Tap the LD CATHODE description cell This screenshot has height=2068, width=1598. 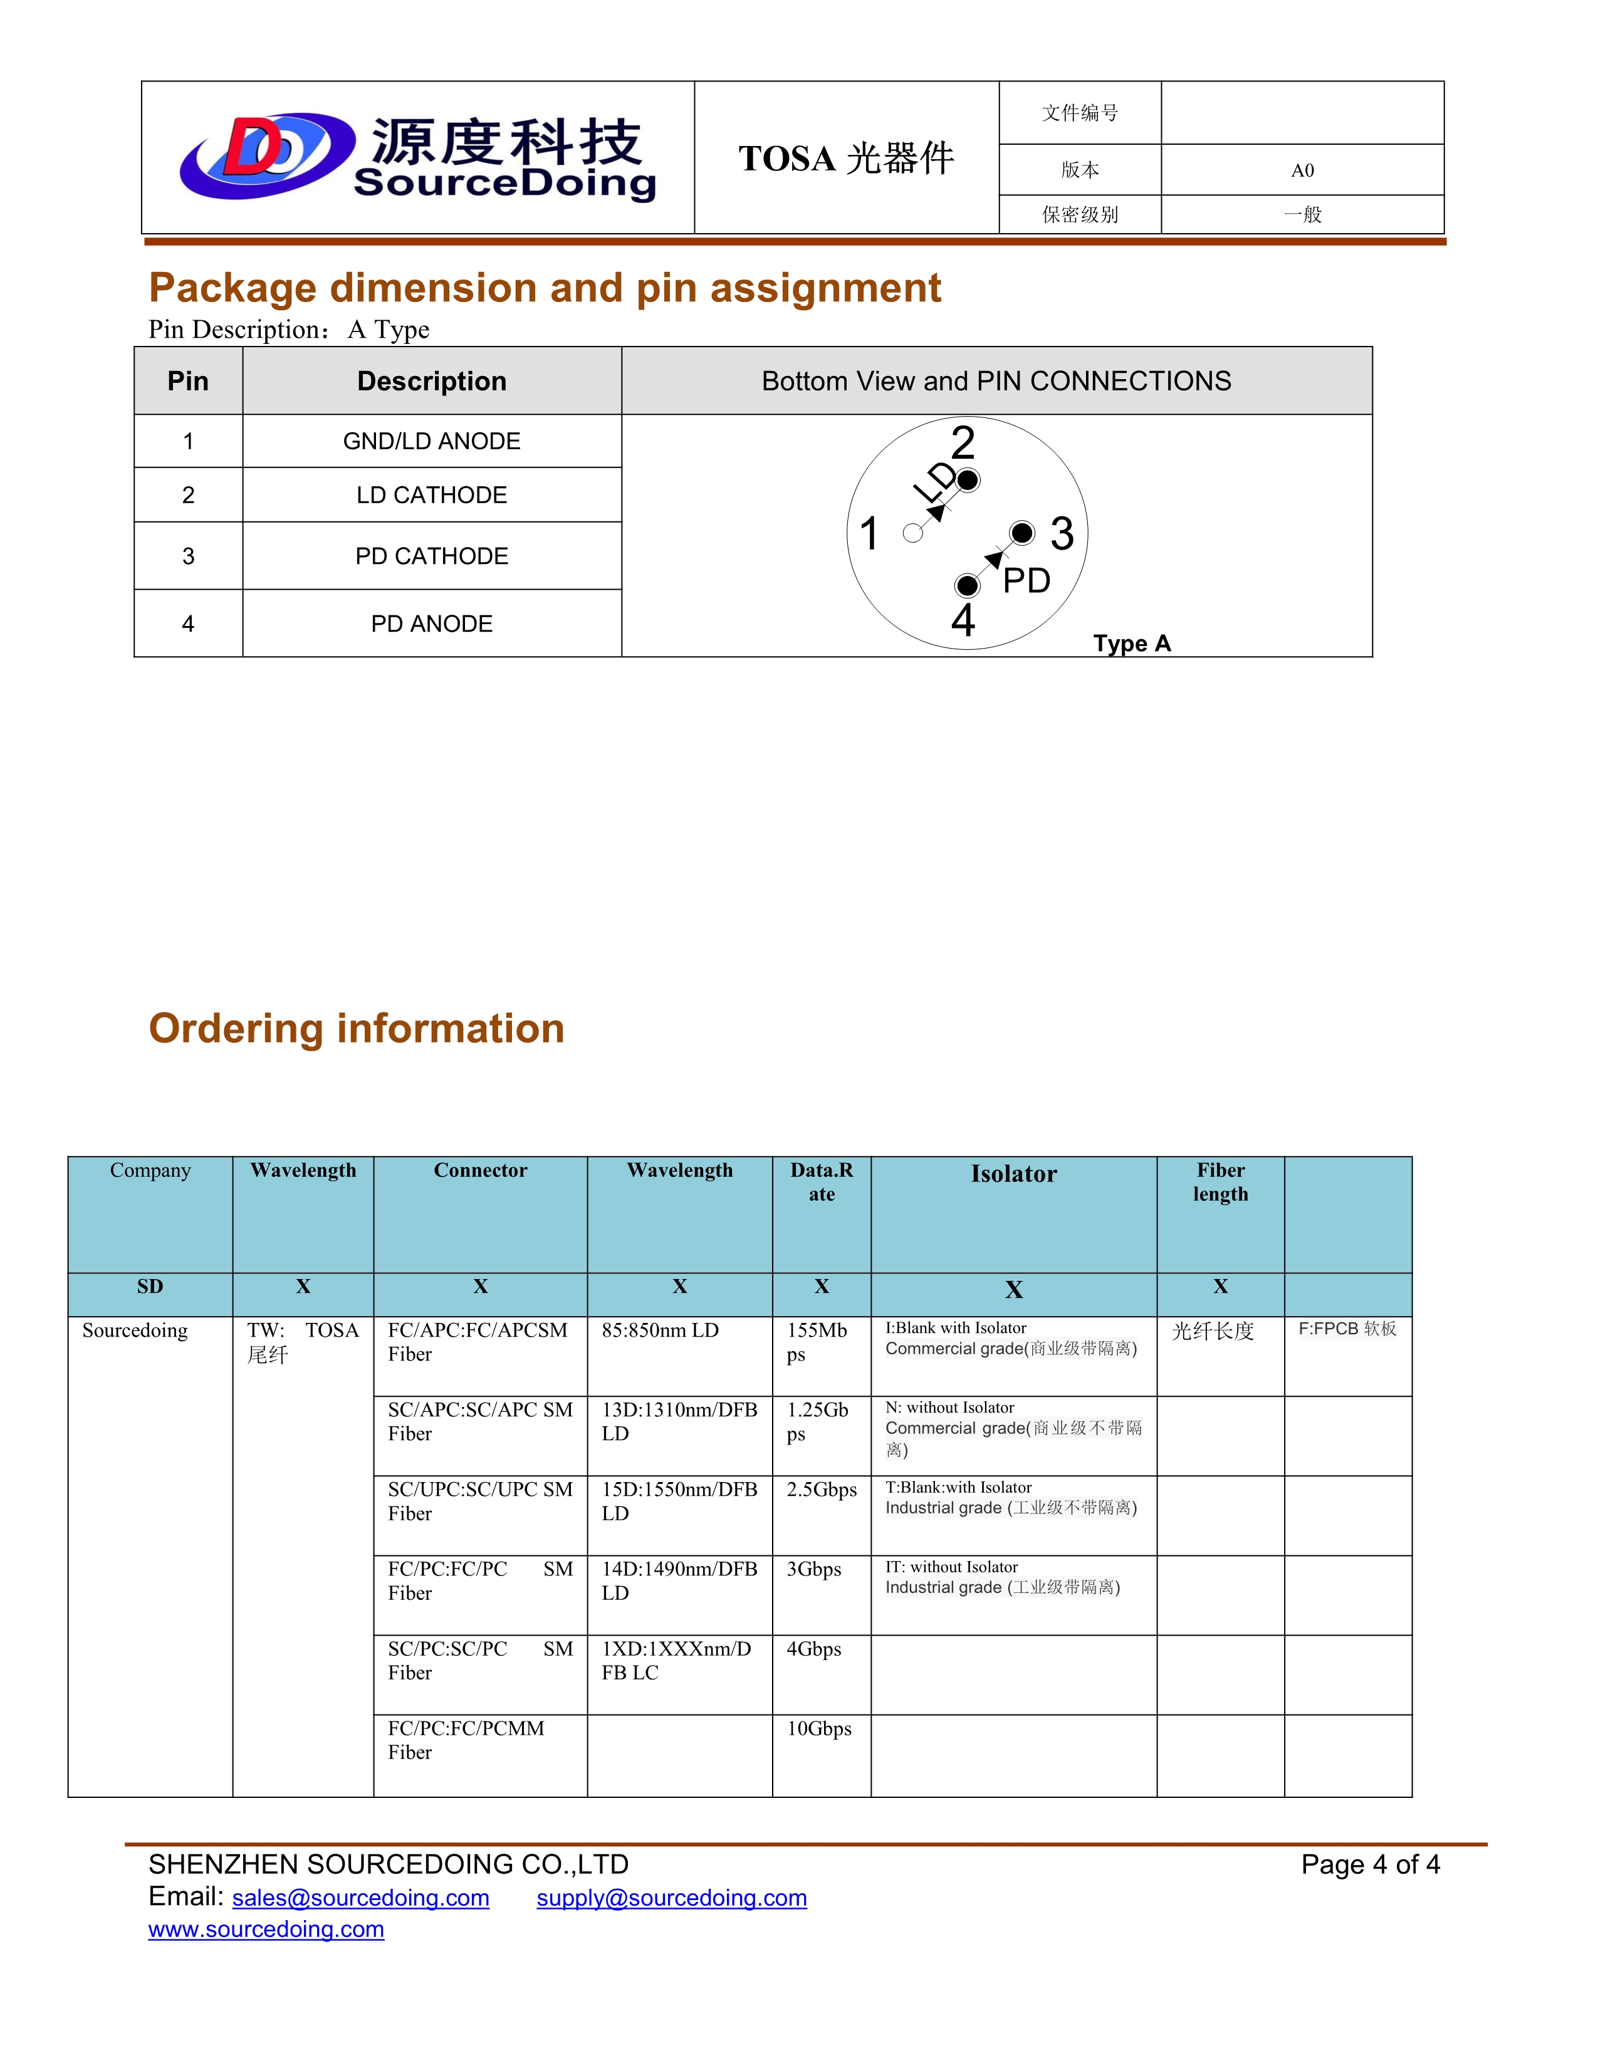coord(432,495)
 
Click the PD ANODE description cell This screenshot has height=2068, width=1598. coord(432,624)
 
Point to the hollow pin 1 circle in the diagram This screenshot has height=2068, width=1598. coord(912,533)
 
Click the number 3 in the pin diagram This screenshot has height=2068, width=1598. coord(1062,534)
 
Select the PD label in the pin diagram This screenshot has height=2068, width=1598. coord(1026,580)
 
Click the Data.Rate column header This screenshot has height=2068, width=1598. coord(822,1182)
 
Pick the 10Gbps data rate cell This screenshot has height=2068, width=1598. coord(819,1728)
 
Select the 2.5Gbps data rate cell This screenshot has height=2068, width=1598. coord(822,1490)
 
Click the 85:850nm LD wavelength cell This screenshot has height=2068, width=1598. coord(660,1330)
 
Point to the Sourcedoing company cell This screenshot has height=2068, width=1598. coord(135,1330)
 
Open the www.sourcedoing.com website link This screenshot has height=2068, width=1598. coord(266,1929)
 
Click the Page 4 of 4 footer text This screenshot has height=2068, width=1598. coord(1370,1864)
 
